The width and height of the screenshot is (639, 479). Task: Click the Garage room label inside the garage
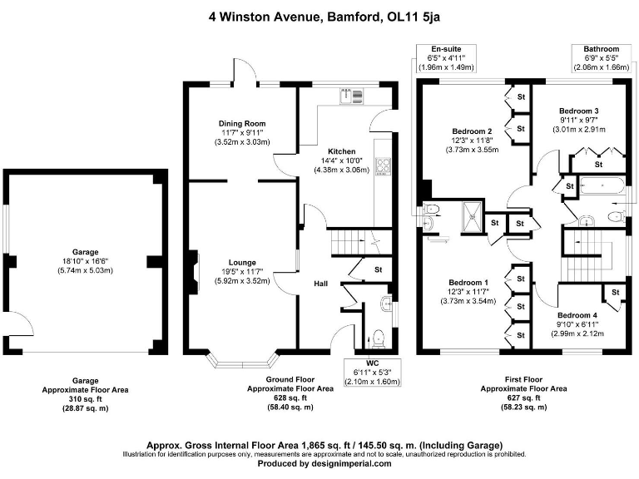[85, 251]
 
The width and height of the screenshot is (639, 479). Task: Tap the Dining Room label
[242, 123]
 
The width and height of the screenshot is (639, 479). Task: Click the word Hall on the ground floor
[321, 284]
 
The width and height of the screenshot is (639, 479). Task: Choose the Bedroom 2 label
[472, 131]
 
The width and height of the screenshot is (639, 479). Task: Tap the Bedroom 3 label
[579, 111]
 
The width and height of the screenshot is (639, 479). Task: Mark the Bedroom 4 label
[577, 315]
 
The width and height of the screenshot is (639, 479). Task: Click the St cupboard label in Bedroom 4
[615, 293]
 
